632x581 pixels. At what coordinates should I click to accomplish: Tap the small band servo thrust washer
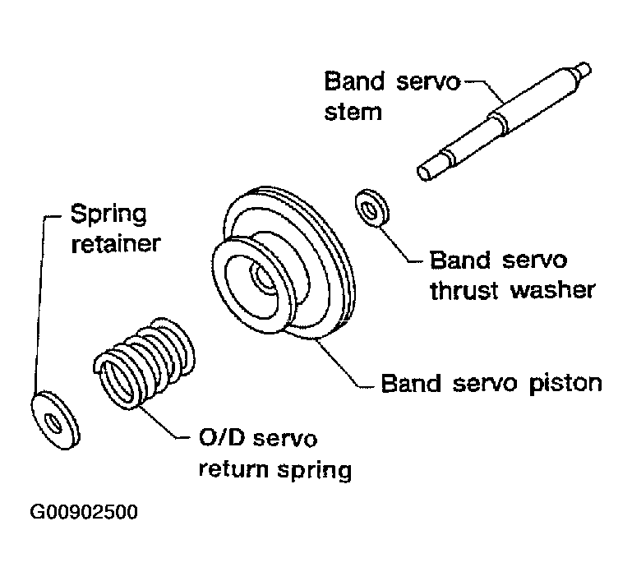click(373, 209)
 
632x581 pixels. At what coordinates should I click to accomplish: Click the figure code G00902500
click(84, 512)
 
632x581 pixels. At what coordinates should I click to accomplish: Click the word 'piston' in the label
click(566, 383)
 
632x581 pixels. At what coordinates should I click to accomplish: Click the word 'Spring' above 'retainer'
click(108, 215)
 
